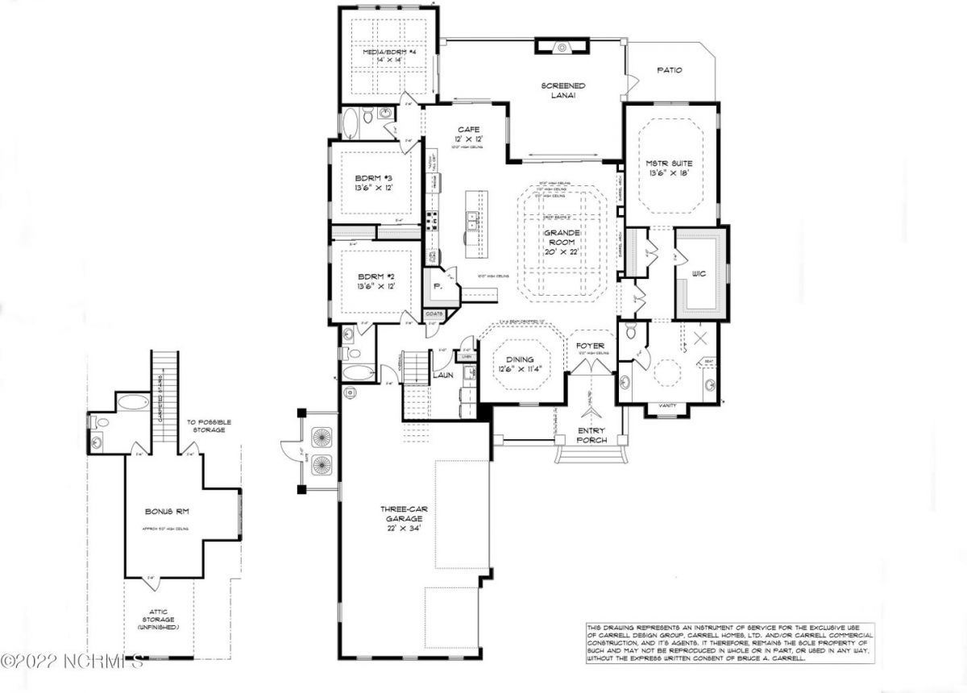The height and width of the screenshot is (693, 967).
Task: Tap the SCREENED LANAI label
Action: pos(563,90)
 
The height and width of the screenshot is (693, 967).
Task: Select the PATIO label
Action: pos(670,70)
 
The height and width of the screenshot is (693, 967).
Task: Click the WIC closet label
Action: pos(698,272)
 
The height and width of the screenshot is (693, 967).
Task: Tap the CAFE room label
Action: pos(469,129)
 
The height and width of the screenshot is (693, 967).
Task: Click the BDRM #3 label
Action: pos(373,180)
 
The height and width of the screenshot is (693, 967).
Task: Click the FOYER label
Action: pos(590,346)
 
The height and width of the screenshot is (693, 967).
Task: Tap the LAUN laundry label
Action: pos(442,375)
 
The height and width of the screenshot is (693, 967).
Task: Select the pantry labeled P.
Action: pos(438,286)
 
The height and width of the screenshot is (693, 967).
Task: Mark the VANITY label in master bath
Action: pos(667,405)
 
